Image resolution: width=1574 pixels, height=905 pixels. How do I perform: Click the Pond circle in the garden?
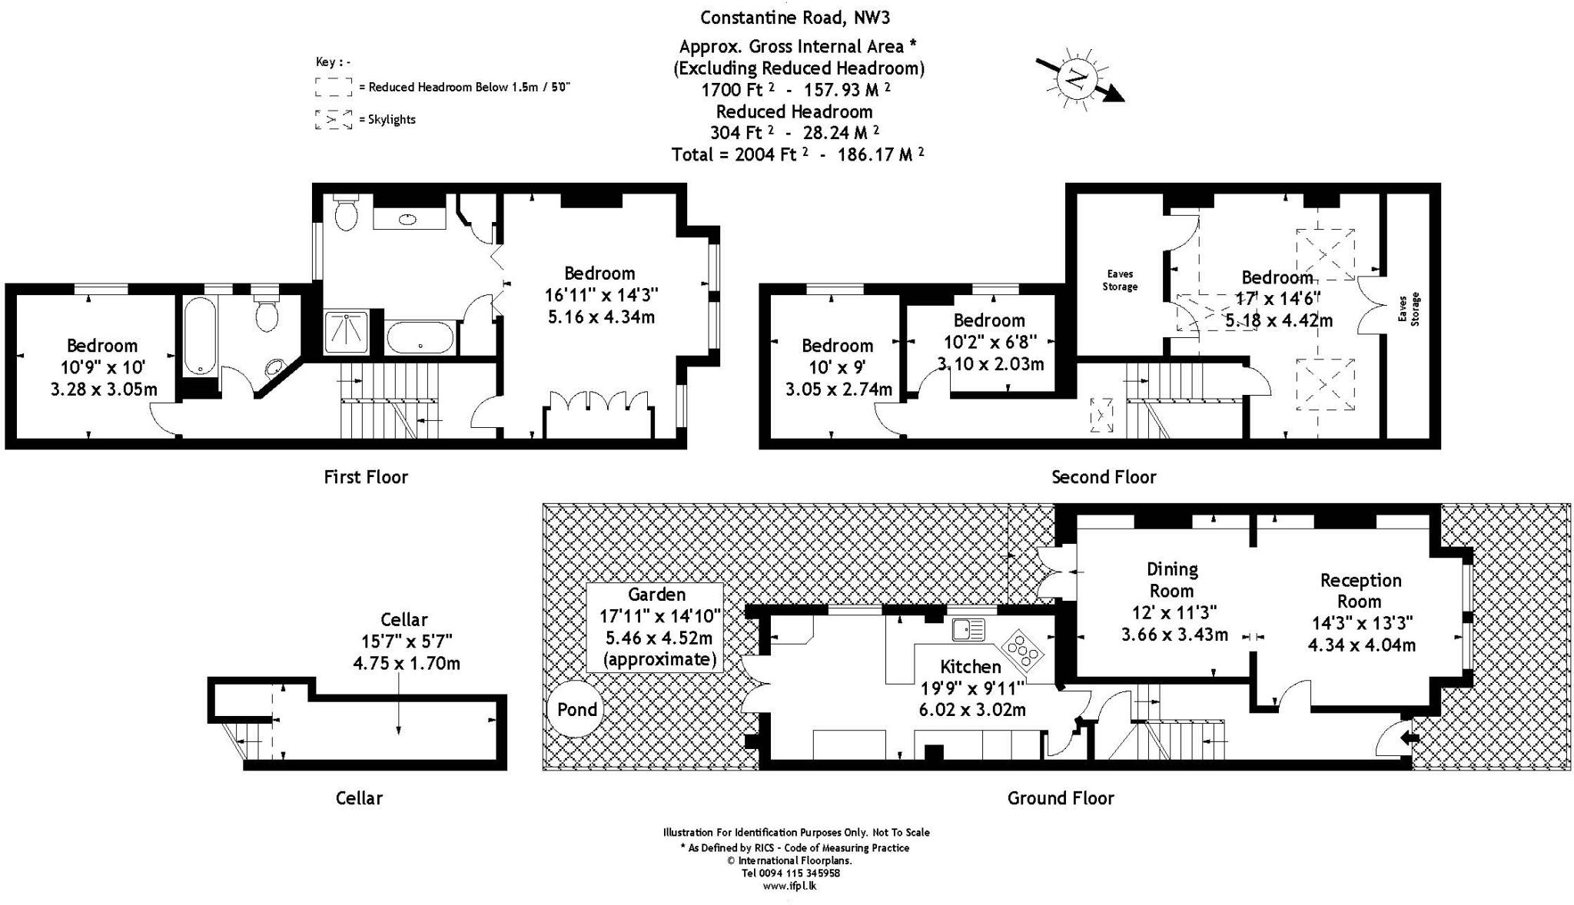coord(576,709)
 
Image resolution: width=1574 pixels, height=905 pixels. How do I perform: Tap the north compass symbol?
coord(1077,79)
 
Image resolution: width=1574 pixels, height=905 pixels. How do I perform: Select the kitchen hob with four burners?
coord(1023,649)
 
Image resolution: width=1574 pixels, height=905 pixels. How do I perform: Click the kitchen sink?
coord(968,630)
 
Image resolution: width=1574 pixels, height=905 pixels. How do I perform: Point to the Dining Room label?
coord(1171,580)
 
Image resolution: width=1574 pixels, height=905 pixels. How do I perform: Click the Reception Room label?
coord(1360,591)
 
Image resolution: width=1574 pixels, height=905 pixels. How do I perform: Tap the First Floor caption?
coord(366,477)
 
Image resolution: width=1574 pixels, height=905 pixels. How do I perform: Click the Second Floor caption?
coord(1104,477)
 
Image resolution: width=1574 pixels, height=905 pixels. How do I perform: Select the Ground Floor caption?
coord(1061,798)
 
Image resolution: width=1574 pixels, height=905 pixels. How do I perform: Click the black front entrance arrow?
coord(1410,738)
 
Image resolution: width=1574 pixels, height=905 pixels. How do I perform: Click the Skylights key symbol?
coord(333,120)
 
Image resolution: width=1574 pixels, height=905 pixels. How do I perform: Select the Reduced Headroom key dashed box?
coord(333,87)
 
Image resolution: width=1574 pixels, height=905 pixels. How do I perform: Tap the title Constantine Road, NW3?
coord(795,18)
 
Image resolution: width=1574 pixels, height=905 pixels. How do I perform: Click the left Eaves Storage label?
coord(1120,280)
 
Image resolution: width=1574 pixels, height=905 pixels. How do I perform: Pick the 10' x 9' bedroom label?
coord(838,367)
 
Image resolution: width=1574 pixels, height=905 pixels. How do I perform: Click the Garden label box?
coord(656,626)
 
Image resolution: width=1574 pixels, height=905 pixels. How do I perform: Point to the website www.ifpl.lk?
coord(789,886)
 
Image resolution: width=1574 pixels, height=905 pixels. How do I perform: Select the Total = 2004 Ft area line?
coord(797,154)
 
